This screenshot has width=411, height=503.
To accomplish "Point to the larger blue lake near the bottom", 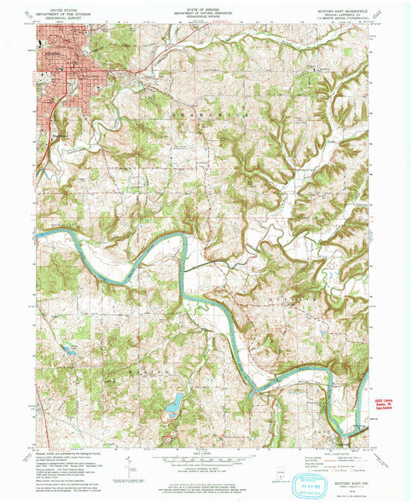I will [x=174, y=401].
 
